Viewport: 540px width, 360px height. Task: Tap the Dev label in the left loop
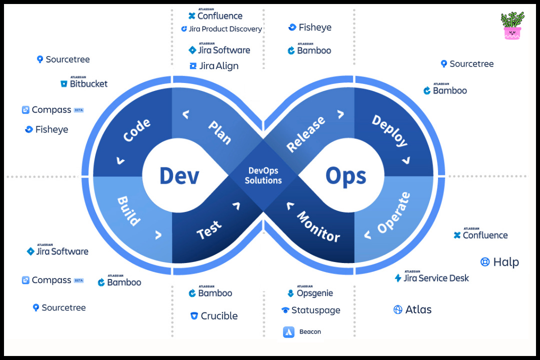click(179, 176)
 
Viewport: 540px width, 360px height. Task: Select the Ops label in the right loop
click(346, 176)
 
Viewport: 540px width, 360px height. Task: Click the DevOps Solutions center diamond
click(263, 175)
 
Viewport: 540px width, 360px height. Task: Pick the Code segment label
click(136, 131)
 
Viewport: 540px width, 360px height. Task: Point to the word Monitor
click(318, 226)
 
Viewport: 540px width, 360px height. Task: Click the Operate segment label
click(393, 212)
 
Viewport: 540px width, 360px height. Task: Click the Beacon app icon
click(288, 331)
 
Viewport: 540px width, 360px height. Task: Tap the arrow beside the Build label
click(158, 234)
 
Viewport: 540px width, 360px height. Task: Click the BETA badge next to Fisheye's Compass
click(78, 110)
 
